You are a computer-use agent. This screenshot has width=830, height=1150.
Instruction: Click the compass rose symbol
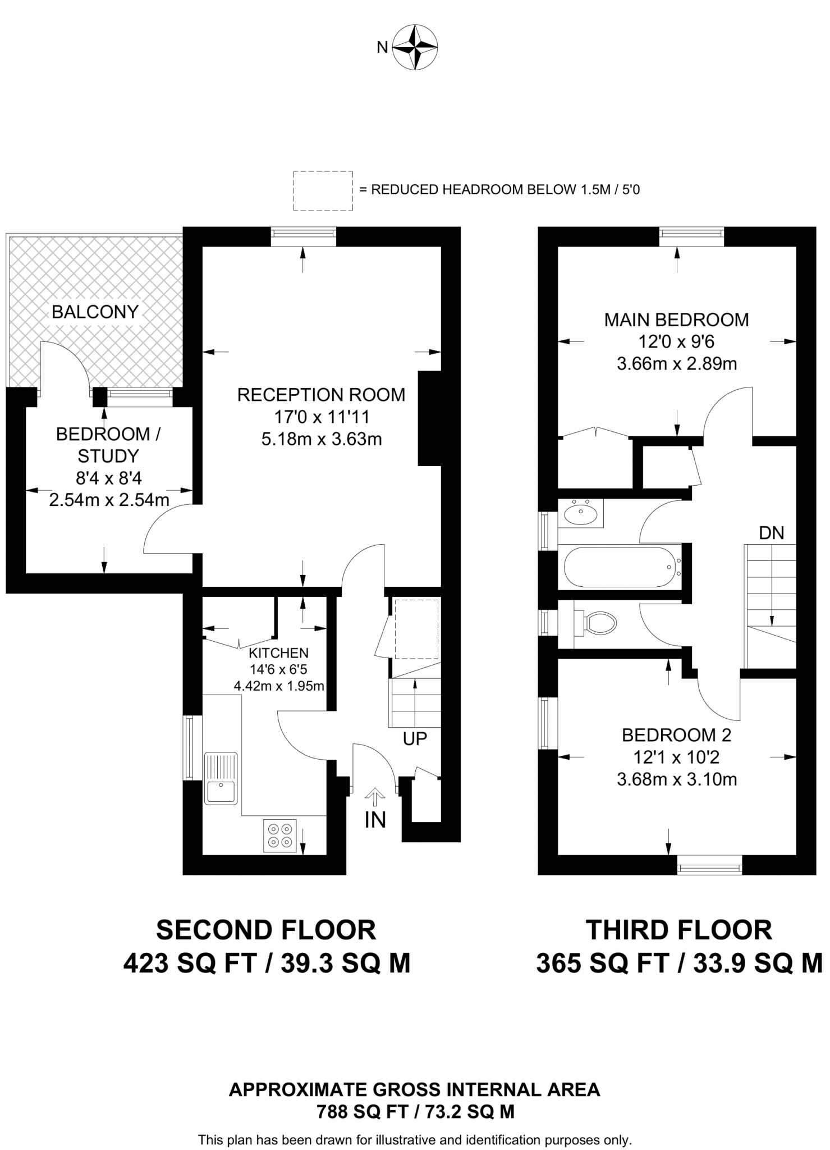(415, 47)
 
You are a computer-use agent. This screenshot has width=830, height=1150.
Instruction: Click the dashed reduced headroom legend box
(323, 191)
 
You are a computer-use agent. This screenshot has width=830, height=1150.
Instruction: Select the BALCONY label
(95, 312)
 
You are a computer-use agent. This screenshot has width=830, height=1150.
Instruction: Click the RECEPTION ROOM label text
(321, 395)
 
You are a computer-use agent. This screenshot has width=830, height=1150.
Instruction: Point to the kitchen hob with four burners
(280, 835)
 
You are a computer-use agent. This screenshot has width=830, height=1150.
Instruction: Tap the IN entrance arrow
(375, 796)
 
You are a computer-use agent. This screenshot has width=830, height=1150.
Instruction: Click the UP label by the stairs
(415, 739)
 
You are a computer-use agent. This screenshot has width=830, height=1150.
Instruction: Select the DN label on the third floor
(771, 533)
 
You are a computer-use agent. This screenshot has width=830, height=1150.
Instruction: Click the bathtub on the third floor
(622, 567)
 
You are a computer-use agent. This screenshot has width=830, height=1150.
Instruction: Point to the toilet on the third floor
(598, 623)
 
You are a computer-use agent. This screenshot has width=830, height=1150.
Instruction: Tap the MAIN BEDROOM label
(676, 320)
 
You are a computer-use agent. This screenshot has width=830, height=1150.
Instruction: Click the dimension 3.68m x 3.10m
(676, 779)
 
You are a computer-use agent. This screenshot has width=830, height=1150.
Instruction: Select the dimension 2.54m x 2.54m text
(109, 500)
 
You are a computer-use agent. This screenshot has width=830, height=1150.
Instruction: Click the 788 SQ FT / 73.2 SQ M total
(415, 1112)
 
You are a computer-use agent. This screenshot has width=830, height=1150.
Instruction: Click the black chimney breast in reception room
(429, 418)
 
